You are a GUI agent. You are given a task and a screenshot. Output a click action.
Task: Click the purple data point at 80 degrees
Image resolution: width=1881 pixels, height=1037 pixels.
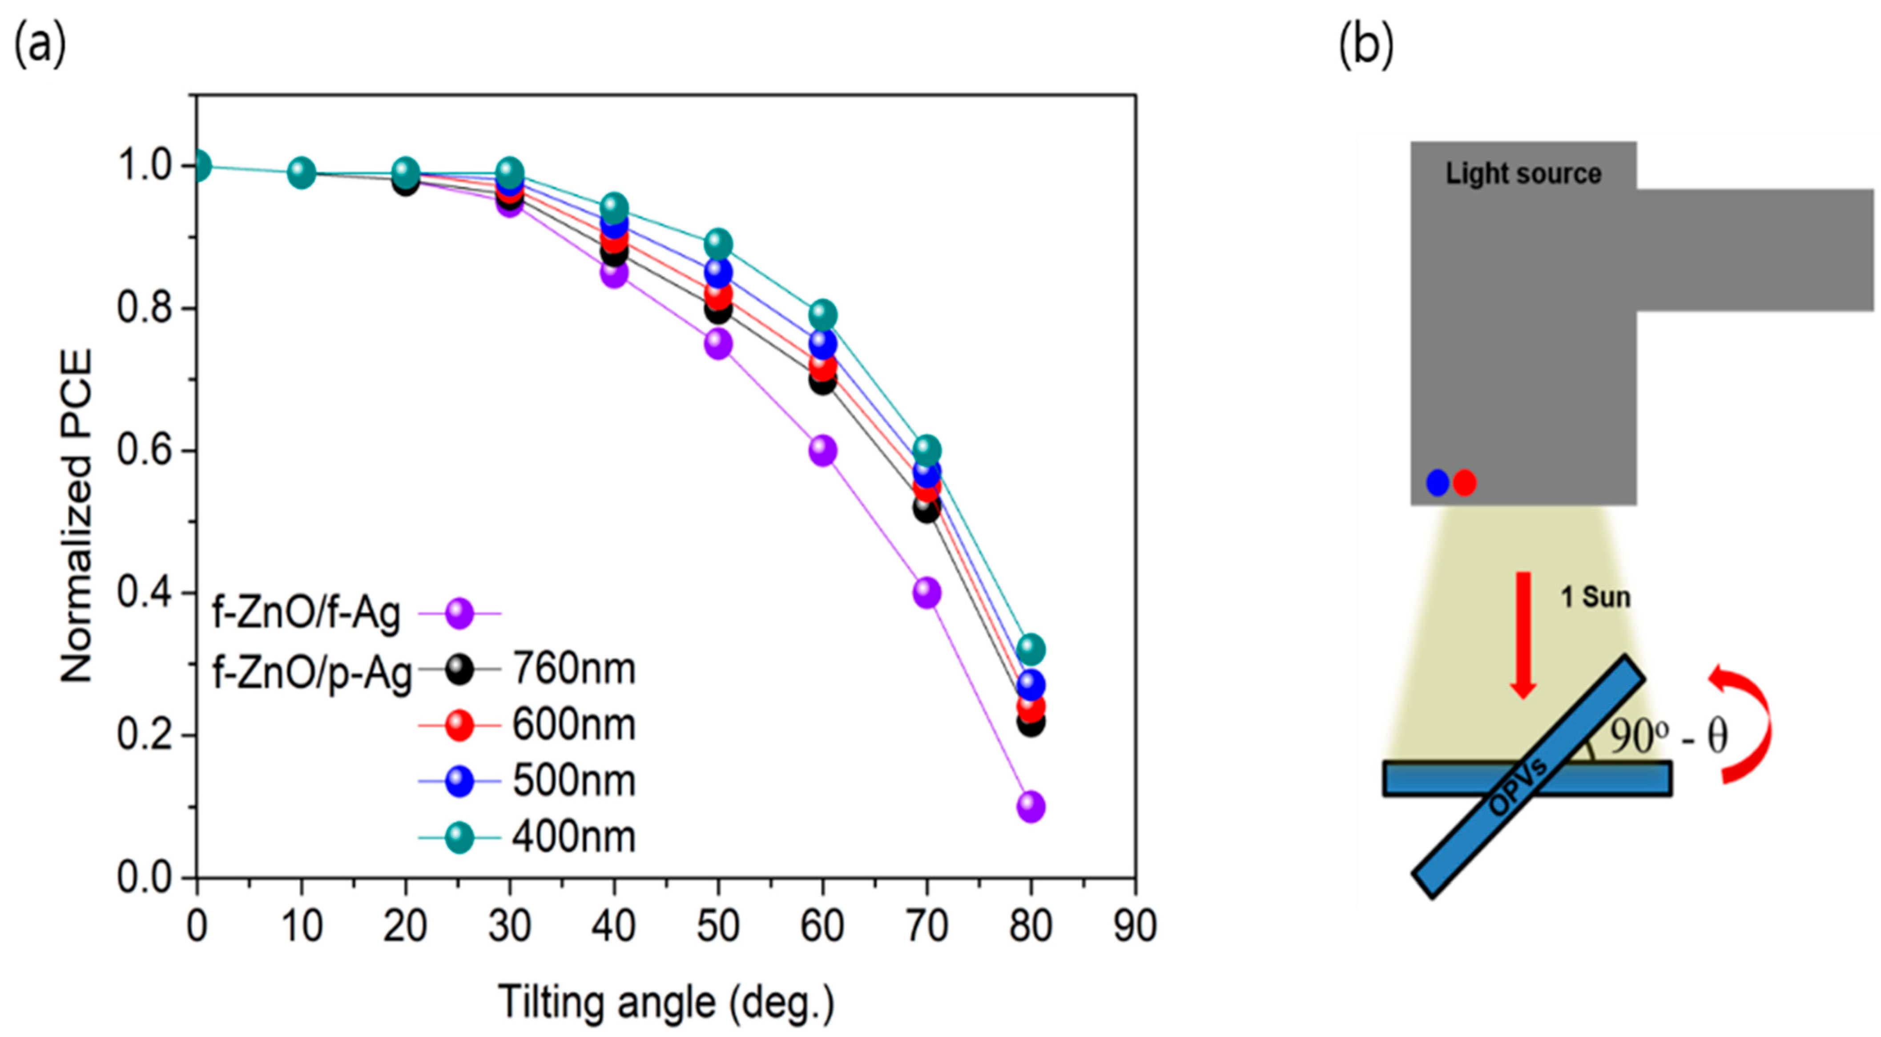click(x=1030, y=806)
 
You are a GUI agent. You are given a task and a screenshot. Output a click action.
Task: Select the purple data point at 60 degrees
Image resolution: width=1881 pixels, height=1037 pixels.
click(x=822, y=451)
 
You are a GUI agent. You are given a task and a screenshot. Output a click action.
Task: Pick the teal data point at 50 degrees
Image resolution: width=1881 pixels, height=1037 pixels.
click(x=718, y=243)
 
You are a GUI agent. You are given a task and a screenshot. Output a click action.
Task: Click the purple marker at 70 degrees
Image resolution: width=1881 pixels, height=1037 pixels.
click(x=926, y=592)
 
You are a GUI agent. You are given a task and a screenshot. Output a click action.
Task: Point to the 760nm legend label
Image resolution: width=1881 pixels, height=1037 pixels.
click(x=573, y=668)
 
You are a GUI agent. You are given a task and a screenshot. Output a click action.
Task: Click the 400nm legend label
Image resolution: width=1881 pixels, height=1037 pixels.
click(x=573, y=837)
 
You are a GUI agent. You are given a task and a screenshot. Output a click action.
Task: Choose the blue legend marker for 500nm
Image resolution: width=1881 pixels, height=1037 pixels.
click(x=459, y=781)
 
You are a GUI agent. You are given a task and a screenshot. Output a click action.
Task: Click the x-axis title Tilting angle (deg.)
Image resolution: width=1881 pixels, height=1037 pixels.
click(x=666, y=1003)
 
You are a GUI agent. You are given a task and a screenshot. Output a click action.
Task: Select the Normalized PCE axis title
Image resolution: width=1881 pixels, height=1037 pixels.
click(x=76, y=515)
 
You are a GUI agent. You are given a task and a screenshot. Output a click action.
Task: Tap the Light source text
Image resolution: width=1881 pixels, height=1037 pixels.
click(x=1523, y=174)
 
